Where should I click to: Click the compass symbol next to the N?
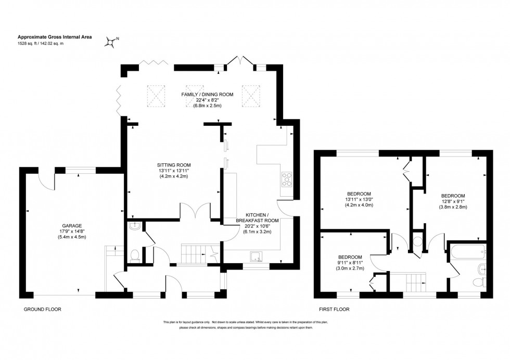110,42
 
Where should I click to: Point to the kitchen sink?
256,255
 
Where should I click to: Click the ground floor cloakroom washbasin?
134,225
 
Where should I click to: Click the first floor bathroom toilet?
479,282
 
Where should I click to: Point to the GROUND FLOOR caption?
43,309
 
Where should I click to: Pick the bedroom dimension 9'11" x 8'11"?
350,263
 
